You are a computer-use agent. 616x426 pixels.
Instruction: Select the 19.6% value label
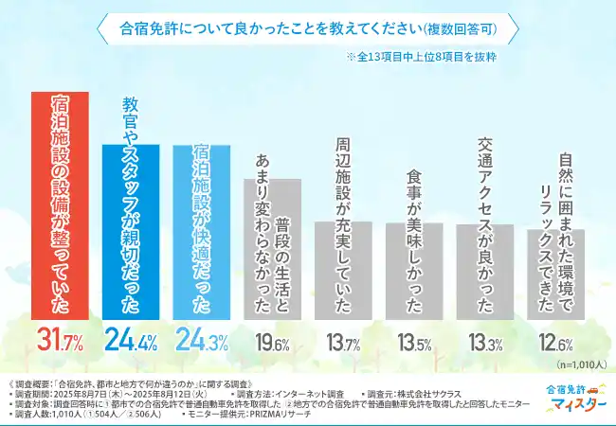click(271, 342)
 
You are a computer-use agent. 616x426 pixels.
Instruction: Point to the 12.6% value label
click(555, 342)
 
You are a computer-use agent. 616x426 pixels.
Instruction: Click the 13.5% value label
click(413, 342)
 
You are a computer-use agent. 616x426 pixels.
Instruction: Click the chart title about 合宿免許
click(308, 29)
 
